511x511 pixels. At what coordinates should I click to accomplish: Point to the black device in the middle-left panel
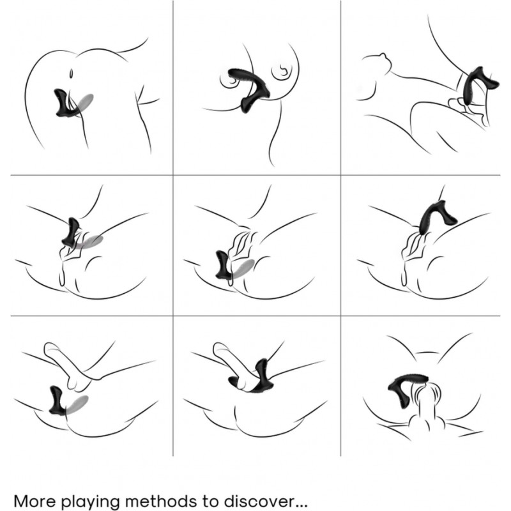(x=72, y=231)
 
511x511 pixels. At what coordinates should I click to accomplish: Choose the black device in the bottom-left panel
(x=56, y=400)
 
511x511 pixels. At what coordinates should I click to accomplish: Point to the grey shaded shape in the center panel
(x=243, y=268)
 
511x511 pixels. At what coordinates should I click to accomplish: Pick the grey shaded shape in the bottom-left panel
(x=77, y=405)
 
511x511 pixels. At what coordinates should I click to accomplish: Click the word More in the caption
(x=34, y=501)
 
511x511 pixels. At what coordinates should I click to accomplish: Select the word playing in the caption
(x=91, y=502)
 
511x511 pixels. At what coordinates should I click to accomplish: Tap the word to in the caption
(x=207, y=501)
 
